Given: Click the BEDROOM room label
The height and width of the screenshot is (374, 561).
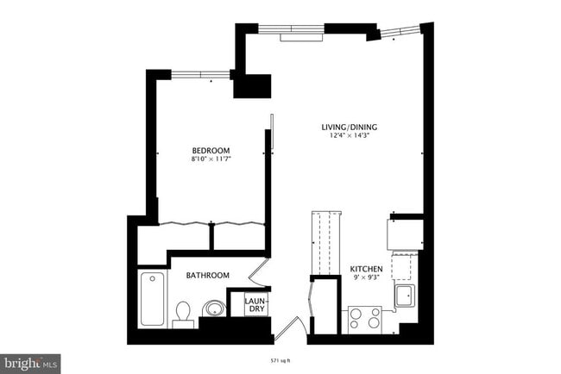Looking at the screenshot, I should (x=211, y=150).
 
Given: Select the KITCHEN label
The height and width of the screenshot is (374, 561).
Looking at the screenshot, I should (x=365, y=269).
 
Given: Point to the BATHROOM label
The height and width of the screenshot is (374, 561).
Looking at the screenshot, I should (x=208, y=275).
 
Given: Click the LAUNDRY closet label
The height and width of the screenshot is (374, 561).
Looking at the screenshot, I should (x=255, y=304).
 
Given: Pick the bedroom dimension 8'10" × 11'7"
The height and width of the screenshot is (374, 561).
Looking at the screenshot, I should (x=211, y=159).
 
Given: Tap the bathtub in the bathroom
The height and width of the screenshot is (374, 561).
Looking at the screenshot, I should (x=153, y=298).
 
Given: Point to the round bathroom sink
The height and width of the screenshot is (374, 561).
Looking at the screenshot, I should (x=212, y=309).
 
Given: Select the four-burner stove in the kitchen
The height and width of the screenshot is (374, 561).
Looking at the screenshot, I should (x=365, y=319).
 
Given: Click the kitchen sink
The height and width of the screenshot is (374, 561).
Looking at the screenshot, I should (x=404, y=296).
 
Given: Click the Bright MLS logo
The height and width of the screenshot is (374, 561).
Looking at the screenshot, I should (x=30, y=364).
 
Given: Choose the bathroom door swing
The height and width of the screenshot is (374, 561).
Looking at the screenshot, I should (x=257, y=274).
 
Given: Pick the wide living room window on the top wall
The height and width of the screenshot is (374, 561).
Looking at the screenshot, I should (x=292, y=30).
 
